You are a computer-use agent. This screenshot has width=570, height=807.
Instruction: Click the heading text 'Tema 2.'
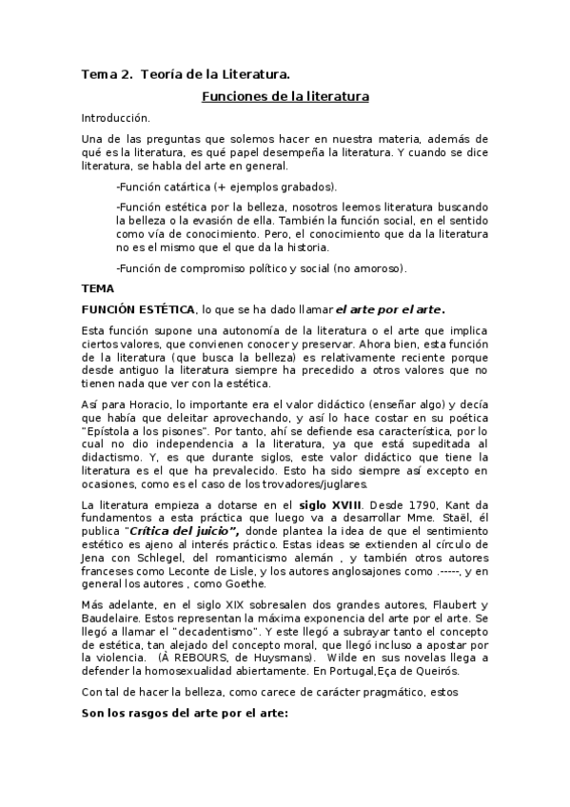click(106, 73)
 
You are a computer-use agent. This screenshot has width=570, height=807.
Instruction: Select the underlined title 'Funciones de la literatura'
click(285, 96)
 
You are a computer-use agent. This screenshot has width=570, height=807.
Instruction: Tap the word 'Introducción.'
click(116, 118)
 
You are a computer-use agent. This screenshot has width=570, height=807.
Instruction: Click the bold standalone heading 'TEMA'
click(97, 288)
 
